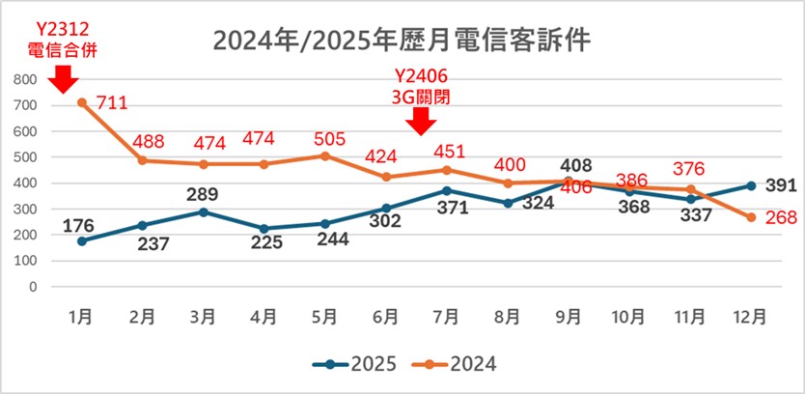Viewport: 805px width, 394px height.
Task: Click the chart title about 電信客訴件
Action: click(402, 41)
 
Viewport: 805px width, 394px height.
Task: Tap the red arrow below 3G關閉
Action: click(422, 122)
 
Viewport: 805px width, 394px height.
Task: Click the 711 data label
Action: click(112, 102)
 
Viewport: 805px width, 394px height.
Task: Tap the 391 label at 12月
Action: click(779, 186)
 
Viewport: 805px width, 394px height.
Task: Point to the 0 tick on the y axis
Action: click(32, 287)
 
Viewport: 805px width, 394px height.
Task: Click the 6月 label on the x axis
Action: click(385, 315)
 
